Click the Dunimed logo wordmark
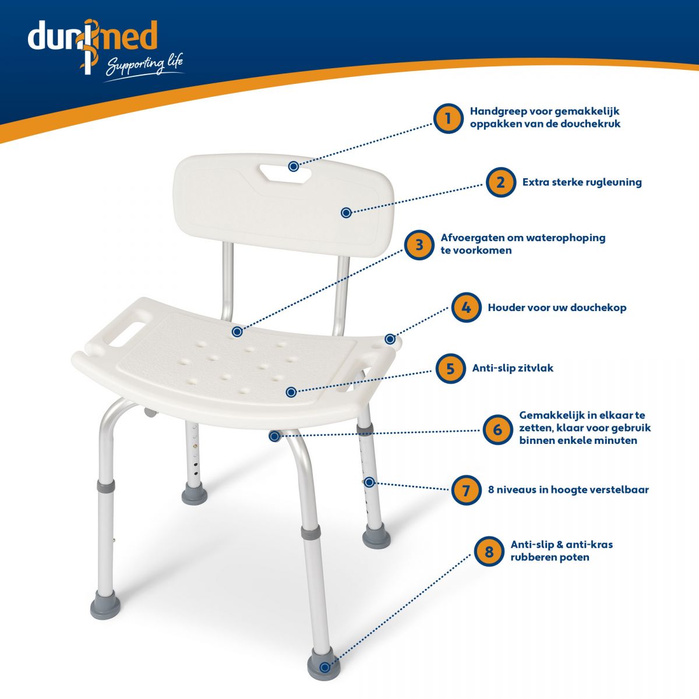[93, 36]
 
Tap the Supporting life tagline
[144, 66]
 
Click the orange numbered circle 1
[448, 119]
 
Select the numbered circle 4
[466, 307]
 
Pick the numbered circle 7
[466, 490]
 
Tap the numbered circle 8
[489, 552]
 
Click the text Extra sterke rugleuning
[582, 182]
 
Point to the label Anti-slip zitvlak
[513, 368]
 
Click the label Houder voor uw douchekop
[557, 308]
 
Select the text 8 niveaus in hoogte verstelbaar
[568, 490]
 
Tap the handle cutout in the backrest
[285, 172]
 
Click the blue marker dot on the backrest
[346, 213]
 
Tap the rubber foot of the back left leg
[195, 493]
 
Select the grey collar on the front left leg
[106, 486]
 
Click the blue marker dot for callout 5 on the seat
[291, 392]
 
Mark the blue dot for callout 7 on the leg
[369, 482]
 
